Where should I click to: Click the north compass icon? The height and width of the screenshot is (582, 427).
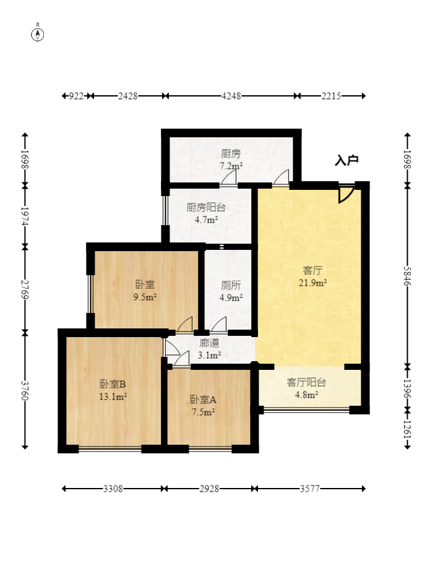click(x=38, y=34)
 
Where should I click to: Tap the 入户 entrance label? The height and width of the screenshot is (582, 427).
click(x=347, y=161)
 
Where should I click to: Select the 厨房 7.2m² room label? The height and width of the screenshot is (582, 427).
click(x=231, y=160)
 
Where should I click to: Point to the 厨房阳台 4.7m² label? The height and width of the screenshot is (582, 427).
click(x=206, y=213)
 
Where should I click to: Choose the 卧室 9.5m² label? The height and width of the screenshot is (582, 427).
click(x=145, y=291)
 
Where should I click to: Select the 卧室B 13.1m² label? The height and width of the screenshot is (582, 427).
click(x=113, y=389)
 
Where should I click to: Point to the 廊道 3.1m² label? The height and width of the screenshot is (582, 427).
click(x=209, y=349)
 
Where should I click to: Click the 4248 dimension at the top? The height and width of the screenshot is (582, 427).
click(x=231, y=96)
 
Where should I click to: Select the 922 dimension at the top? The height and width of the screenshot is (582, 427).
click(x=76, y=96)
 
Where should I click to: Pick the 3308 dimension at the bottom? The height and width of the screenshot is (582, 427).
click(x=113, y=489)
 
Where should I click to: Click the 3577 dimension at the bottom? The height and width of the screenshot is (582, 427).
click(x=309, y=489)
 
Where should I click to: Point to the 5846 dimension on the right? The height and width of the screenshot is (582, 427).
click(x=407, y=275)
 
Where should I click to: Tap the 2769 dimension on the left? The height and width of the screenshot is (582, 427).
click(x=25, y=288)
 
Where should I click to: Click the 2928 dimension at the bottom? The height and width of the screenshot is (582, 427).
click(x=209, y=489)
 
